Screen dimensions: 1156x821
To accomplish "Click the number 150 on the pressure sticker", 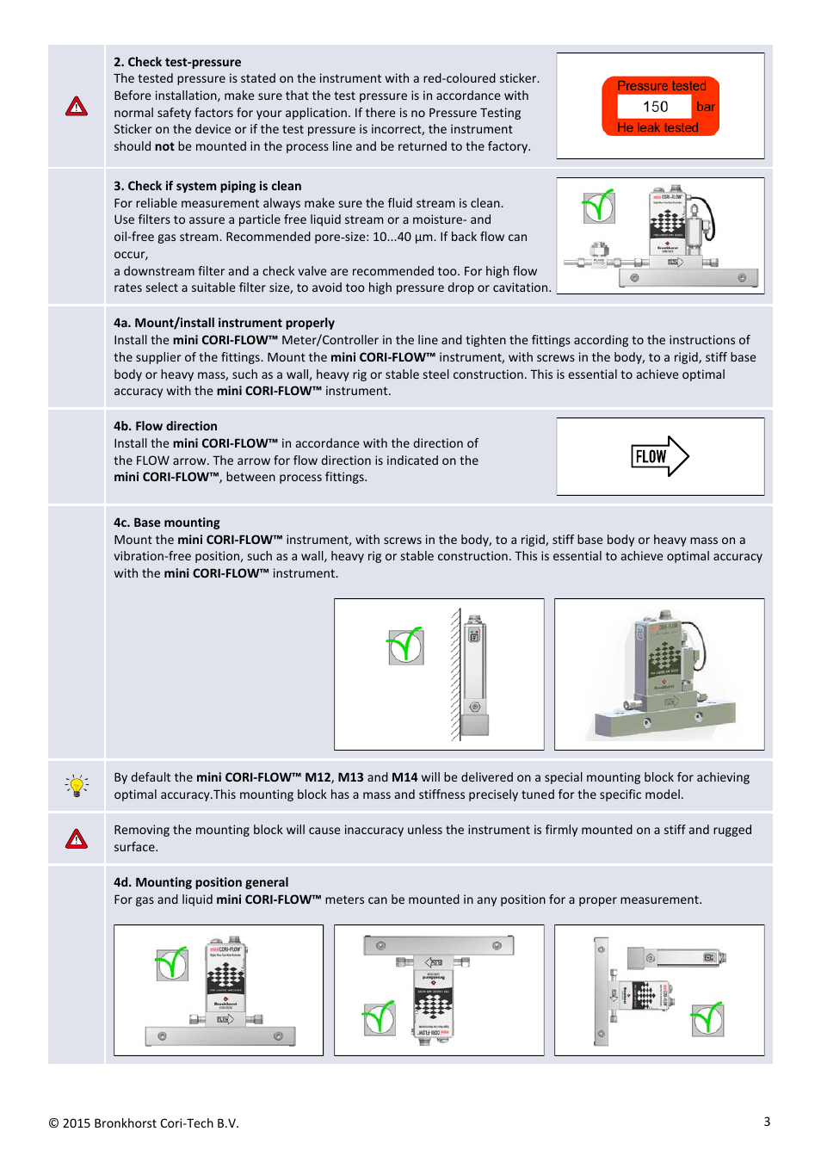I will [x=655, y=107].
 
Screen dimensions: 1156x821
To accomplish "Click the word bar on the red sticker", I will [x=706, y=107].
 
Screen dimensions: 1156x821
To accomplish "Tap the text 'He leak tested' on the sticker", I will [x=657, y=127].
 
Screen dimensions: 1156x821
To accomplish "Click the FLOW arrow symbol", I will [x=660, y=456].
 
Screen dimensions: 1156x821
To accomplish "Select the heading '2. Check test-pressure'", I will [x=177, y=62].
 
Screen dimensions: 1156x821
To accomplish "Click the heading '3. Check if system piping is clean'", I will [x=207, y=186].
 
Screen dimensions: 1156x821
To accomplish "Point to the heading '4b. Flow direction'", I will [x=165, y=426].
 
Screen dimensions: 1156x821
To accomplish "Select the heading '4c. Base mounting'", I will [x=167, y=522].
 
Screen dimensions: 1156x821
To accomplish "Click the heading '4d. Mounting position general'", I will [x=201, y=882].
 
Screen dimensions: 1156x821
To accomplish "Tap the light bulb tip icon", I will [x=77, y=785].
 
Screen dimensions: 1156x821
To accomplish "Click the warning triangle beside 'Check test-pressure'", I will [x=77, y=107].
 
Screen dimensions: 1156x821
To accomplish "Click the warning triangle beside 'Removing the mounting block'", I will [x=77, y=838].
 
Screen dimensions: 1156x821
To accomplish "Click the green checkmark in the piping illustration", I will [x=599, y=207].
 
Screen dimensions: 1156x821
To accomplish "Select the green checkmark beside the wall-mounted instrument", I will [x=405, y=646].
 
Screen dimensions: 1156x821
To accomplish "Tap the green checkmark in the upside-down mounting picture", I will [x=379, y=1019].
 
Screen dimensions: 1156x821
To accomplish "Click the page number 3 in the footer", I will [x=767, y=1122].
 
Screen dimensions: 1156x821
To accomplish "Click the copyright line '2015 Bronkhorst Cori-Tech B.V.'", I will [x=144, y=1123].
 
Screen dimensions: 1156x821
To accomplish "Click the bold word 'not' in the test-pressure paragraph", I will [x=164, y=146].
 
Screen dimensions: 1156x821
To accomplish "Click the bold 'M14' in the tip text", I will [x=404, y=777].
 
